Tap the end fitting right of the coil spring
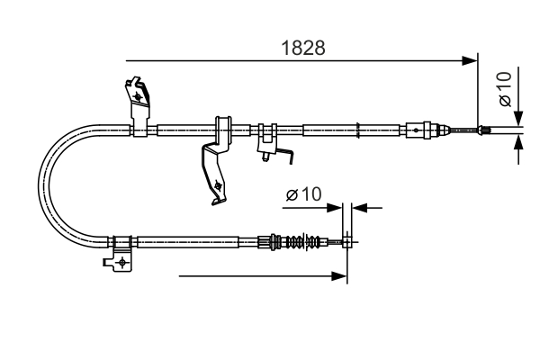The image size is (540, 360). pos(346,240)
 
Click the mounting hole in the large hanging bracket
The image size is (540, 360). pos(219,188)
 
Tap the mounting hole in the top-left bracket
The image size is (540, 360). pos(137,93)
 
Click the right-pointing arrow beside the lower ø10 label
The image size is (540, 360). pos(336,208)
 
